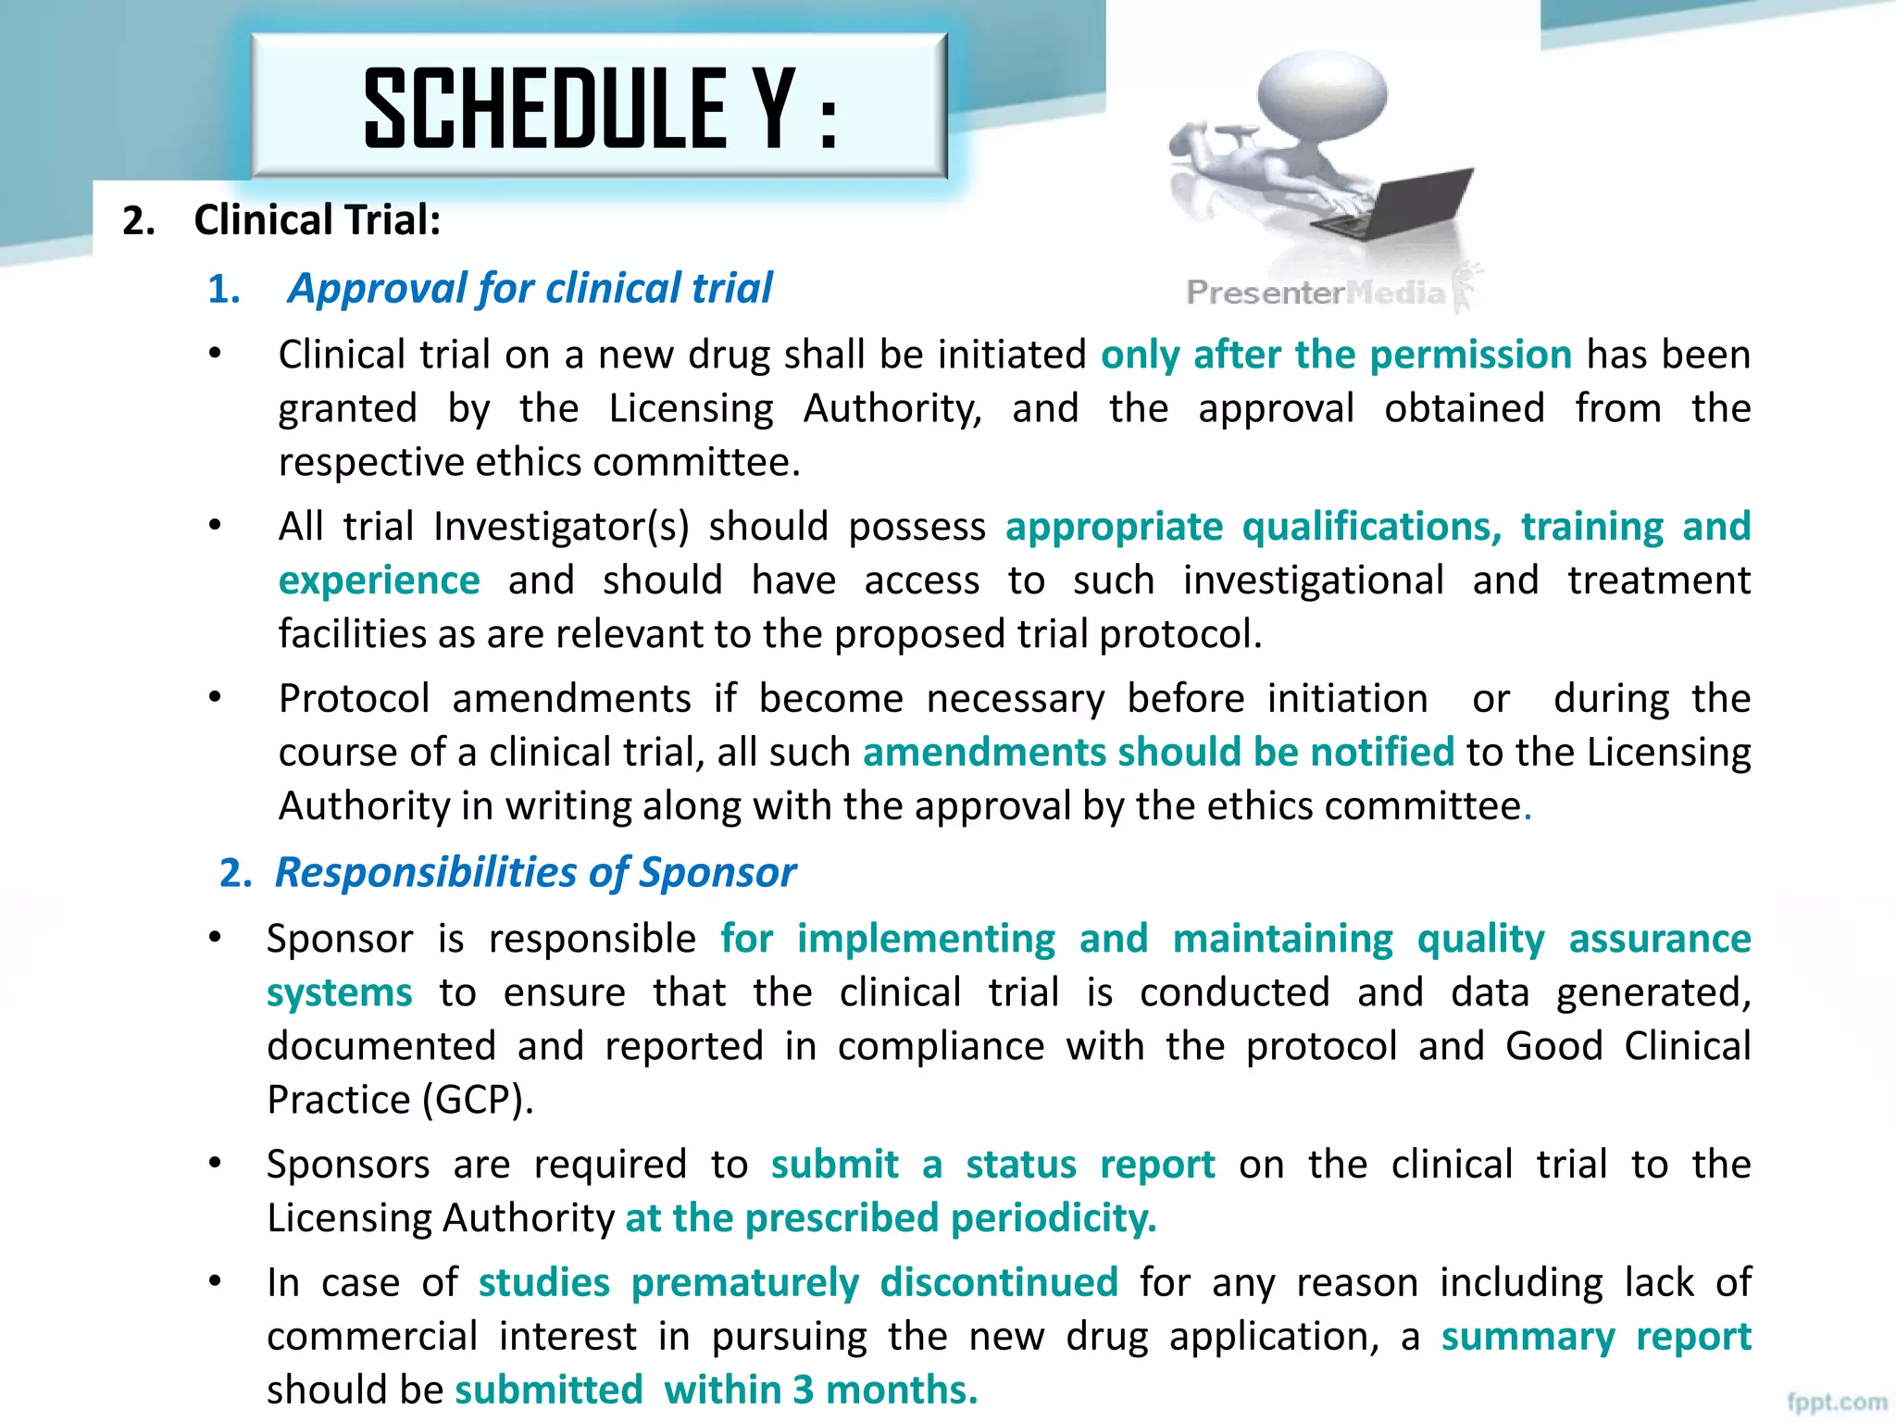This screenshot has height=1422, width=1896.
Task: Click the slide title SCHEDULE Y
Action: point(600,108)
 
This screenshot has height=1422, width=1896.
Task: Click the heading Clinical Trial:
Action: point(317,220)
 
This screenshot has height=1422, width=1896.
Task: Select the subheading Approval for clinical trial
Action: point(530,288)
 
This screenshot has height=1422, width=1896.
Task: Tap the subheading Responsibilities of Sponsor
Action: point(535,872)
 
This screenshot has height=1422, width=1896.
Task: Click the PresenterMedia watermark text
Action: point(1315,293)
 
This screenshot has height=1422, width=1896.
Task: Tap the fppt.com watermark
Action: point(1837,1402)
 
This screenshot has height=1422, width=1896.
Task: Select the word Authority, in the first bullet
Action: point(892,408)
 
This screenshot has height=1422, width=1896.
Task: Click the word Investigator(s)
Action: point(561,527)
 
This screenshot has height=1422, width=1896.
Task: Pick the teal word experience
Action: point(380,580)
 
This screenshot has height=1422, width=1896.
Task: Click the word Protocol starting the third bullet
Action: point(355,698)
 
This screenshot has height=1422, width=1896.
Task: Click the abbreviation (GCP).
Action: point(478,1100)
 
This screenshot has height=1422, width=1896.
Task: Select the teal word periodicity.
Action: point(1054,1218)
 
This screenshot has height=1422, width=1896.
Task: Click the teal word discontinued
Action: point(999,1283)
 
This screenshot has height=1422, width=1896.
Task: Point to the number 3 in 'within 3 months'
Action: point(803,1391)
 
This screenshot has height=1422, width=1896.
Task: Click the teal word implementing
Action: point(926,939)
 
